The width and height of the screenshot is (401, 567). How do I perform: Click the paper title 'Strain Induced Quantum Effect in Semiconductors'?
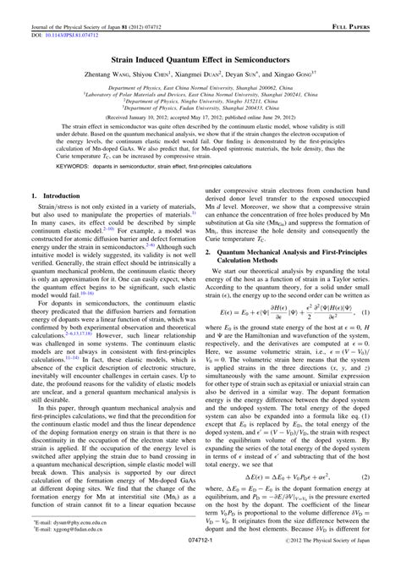(200, 62)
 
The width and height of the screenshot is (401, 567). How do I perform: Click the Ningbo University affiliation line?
(200, 101)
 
